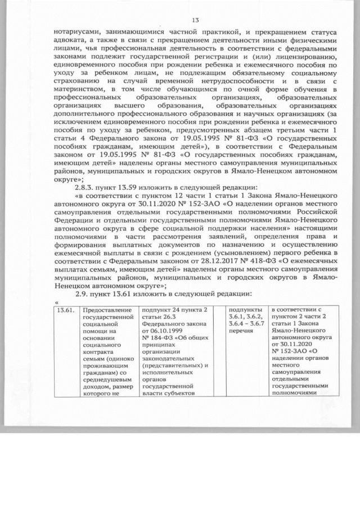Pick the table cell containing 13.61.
pos(65,309)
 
